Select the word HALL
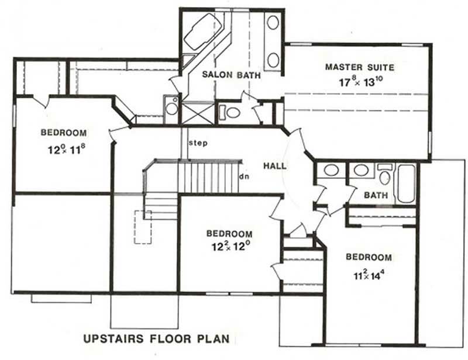click(x=274, y=166)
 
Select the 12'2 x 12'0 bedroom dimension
click(x=229, y=247)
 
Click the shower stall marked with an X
click(x=198, y=112)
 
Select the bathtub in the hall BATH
click(x=406, y=182)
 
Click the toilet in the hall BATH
click(x=384, y=174)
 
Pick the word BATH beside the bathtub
click(x=376, y=195)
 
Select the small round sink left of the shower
click(x=171, y=107)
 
